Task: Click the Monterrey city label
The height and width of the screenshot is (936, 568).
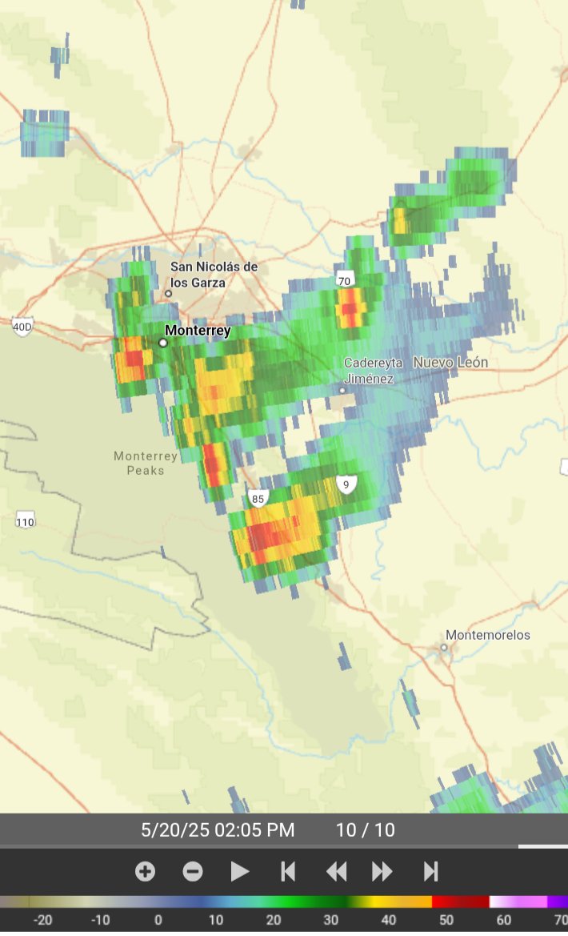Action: [x=198, y=331]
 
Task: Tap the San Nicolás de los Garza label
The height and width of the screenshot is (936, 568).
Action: [x=214, y=275]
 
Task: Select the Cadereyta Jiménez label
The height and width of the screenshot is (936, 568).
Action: [x=373, y=371]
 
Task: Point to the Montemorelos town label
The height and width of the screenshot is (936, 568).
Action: [x=488, y=635]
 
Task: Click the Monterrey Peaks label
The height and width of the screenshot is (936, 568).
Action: [x=146, y=464]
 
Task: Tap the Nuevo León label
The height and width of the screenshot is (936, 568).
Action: [x=450, y=363]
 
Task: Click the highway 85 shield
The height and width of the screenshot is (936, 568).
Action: [x=257, y=499]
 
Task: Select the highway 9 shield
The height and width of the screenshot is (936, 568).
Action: [x=346, y=484]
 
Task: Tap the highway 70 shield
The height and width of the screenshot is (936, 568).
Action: [x=344, y=280]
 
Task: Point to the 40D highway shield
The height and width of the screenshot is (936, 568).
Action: [x=22, y=326]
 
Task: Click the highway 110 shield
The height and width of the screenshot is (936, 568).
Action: [x=25, y=522]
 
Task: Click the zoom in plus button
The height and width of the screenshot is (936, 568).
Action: [x=145, y=871]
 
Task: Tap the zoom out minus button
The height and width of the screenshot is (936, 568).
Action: [x=193, y=871]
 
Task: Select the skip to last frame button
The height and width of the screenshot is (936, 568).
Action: [x=430, y=871]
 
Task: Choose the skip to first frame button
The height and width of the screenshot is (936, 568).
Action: [x=288, y=871]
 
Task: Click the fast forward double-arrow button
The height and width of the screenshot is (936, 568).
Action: [x=382, y=871]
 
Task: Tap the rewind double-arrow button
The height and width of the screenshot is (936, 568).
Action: [x=336, y=871]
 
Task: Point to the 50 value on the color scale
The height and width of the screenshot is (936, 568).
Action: [x=446, y=920]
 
